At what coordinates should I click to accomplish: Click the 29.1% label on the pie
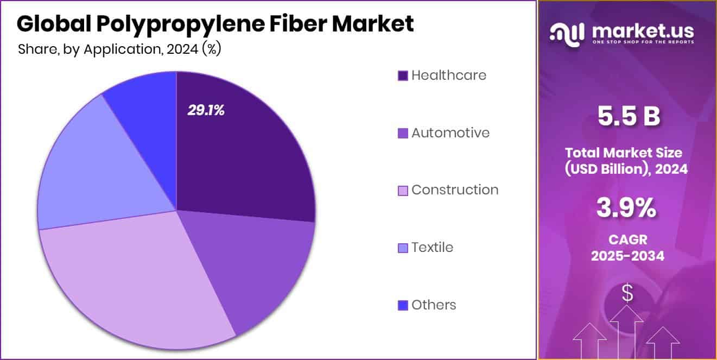click(206, 110)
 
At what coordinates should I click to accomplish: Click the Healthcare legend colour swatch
click(403, 75)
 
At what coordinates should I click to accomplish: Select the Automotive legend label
click(450, 132)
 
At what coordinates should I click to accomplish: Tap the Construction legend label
click(454, 190)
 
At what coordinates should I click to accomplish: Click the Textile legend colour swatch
click(403, 248)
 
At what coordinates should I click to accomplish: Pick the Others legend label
click(433, 305)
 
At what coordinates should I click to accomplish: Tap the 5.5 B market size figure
click(629, 117)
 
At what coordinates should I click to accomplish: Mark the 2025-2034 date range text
click(627, 256)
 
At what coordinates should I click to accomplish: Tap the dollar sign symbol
click(627, 293)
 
